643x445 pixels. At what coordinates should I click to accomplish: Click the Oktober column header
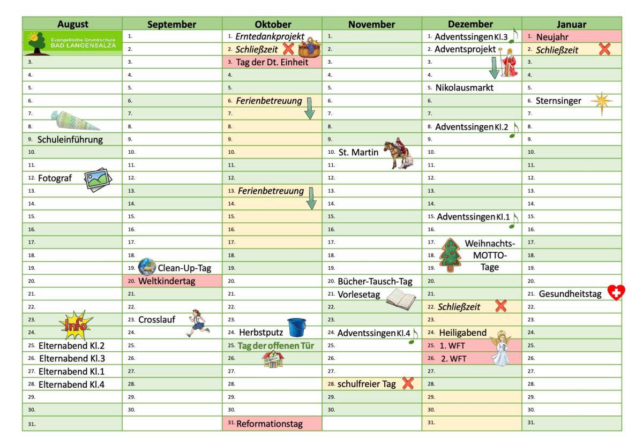pyautogui.click(x=273, y=24)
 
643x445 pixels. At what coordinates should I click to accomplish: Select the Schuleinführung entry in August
pyautogui.click(x=70, y=140)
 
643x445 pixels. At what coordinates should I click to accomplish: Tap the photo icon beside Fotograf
pyautogui.click(x=99, y=179)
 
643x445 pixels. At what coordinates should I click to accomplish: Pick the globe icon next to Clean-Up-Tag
pyautogui.click(x=147, y=267)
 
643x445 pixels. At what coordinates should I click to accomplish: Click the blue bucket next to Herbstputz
pyautogui.click(x=296, y=328)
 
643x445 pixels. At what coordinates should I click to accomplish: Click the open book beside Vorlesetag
pyautogui.click(x=401, y=298)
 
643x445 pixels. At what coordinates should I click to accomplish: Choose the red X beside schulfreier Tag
pyautogui.click(x=408, y=383)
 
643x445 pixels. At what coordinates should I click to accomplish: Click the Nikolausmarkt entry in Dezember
pyautogui.click(x=464, y=88)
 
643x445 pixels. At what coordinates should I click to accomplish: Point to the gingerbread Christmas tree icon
pyautogui.click(x=450, y=255)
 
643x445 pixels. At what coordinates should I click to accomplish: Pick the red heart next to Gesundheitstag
pyautogui.click(x=616, y=292)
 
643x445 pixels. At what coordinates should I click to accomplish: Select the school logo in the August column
pyautogui.click(x=72, y=43)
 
